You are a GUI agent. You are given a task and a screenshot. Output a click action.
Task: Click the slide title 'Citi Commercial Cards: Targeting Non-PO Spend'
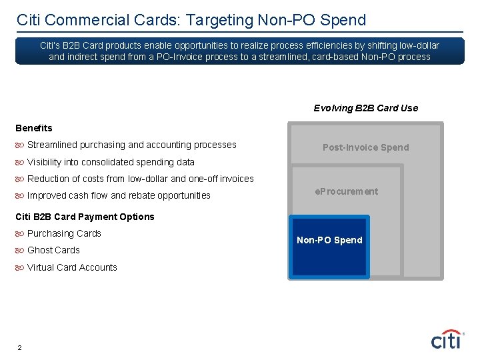191,20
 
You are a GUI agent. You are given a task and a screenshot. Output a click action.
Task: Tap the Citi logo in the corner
447,340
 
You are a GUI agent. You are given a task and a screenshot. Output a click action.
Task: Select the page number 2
20,348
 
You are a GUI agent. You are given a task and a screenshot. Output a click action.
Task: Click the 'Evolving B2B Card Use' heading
366,108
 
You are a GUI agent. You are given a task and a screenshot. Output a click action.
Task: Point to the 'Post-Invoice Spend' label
365,147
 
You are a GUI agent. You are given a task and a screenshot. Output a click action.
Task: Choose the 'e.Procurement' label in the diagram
346,191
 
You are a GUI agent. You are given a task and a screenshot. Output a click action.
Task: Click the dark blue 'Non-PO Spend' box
329,245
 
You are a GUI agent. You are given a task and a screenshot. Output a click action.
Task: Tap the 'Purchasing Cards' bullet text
64,233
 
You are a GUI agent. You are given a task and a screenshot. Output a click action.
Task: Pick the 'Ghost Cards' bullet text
53,250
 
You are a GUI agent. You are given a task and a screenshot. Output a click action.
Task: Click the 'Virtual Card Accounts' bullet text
72,267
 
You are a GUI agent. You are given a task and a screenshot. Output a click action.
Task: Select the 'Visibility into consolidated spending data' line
111,162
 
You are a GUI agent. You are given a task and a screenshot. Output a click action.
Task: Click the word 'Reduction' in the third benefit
48,179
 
